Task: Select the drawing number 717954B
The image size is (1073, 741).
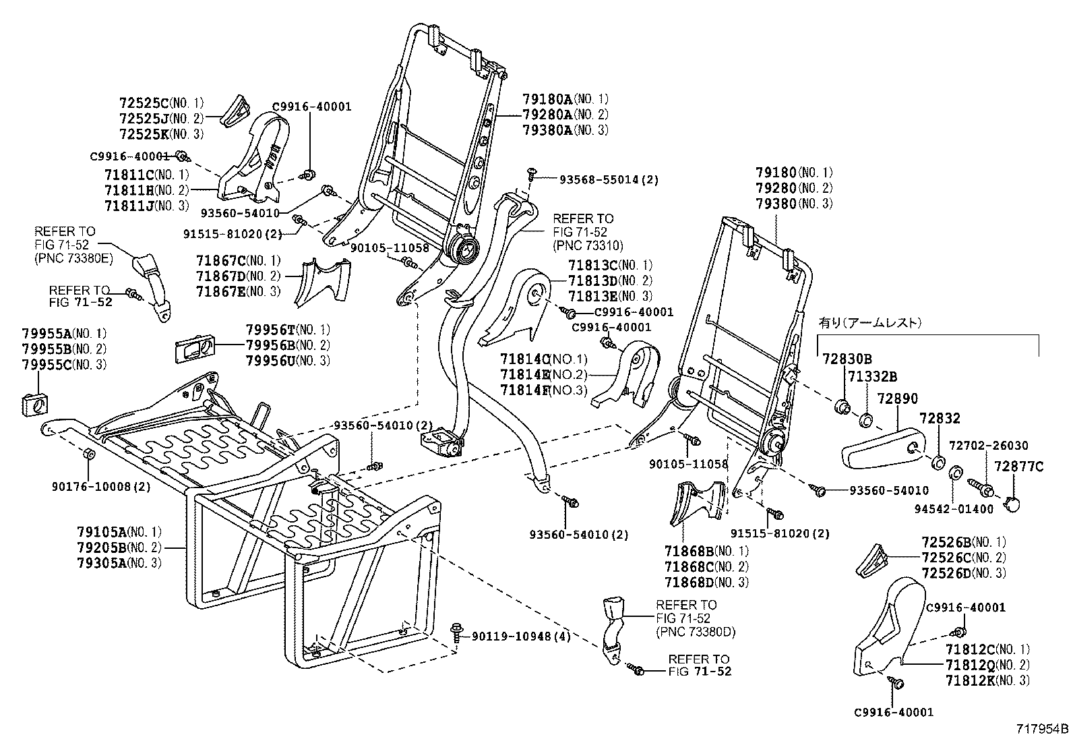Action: pyautogui.click(x=1043, y=728)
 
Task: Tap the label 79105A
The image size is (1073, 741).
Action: pyautogui.click(x=100, y=531)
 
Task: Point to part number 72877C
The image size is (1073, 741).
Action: pyautogui.click(x=1019, y=466)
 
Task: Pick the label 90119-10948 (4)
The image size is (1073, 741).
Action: pyautogui.click(x=521, y=636)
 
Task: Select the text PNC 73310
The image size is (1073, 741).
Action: pyautogui.click(x=588, y=245)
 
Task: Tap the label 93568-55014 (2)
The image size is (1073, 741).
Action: pyautogui.click(x=609, y=179)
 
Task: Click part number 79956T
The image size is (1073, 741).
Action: pyautogui.click(x=270, y=329)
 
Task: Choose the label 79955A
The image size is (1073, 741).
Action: pyautogui.click(x=45, y=333)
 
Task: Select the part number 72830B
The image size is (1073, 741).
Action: pyautogui.click(x=847, y=359)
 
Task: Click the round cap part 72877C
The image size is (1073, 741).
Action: pyautogui.click(x=1012, y=502)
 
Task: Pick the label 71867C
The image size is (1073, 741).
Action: pyautogui.click(x=220, y=260)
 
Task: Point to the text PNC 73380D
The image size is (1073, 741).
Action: pyautogui.click(x=696, y=632)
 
